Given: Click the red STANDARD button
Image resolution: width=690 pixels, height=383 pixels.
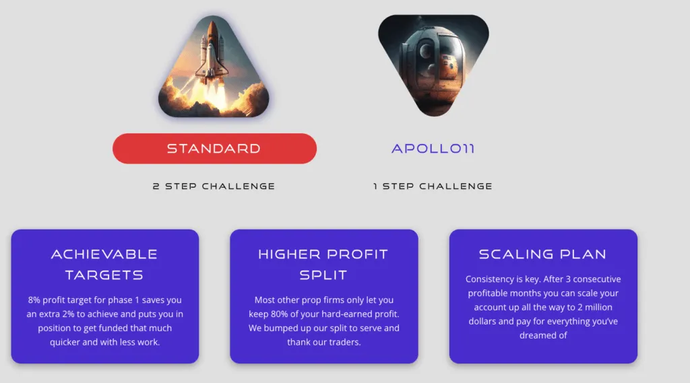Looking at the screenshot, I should tap(214, 148).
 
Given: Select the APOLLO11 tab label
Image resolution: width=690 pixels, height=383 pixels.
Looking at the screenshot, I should tap(433, 148).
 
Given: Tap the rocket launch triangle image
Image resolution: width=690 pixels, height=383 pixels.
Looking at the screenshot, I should tap(214, 71).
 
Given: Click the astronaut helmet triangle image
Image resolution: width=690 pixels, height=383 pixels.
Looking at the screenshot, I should tap(433, 64).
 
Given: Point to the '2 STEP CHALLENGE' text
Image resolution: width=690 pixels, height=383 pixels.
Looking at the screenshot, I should tap(214, 186).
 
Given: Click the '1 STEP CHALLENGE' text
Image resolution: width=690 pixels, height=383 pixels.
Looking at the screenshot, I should tap(433, 186).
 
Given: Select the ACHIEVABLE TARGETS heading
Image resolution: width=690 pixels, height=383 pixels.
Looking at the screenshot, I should tap(104, 265).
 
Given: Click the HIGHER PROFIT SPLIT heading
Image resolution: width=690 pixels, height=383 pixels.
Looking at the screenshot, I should tap(323, 265).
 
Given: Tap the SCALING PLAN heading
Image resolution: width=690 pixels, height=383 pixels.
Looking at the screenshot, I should tap(542, 254).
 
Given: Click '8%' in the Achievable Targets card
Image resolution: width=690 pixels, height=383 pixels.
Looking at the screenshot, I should tap(35, 300).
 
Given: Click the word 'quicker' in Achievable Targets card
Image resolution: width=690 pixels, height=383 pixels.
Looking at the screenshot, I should tap(65, 342).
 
